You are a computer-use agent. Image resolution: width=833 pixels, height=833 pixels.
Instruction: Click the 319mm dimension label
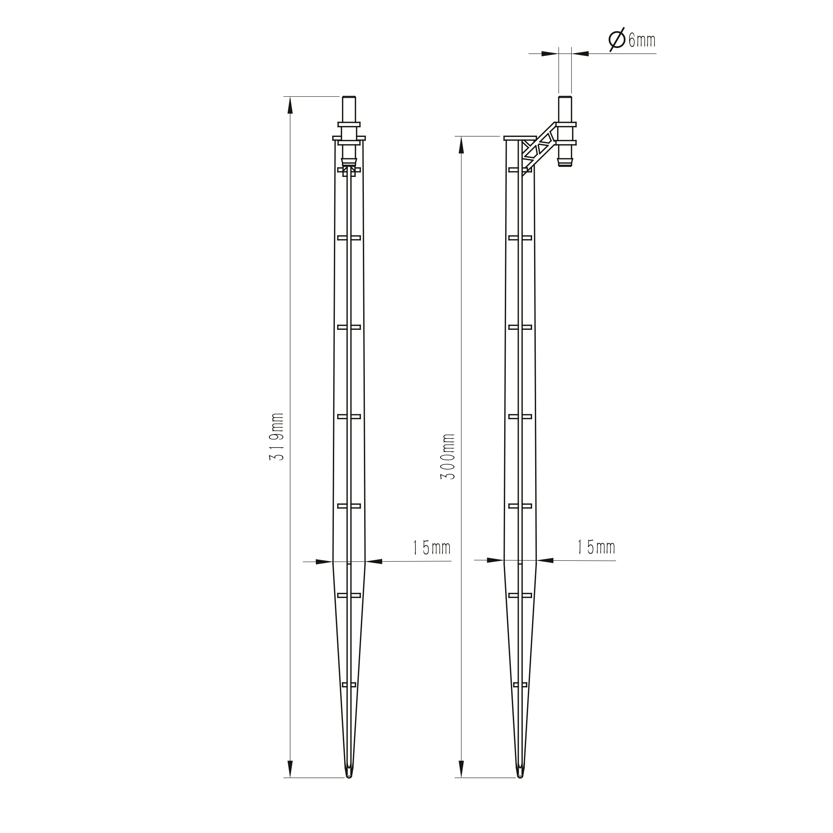pyautogui.click(x=276, y=436)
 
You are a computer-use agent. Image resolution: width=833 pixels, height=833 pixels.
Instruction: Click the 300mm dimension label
pyautogui.click(x=447, y=457)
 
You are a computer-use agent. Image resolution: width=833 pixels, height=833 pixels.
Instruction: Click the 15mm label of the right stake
pyautogui.click(x=596, y=547)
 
